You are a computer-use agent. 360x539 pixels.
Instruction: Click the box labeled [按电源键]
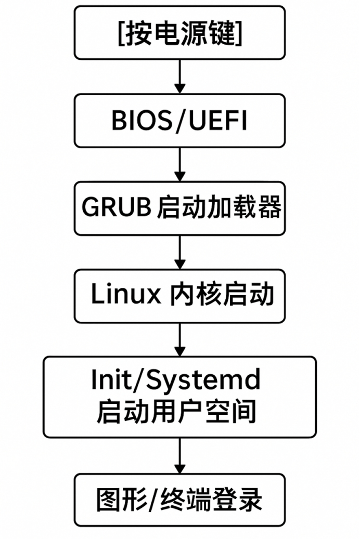(x=179, y=33)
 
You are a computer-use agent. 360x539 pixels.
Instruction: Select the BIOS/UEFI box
(x=179, y=121)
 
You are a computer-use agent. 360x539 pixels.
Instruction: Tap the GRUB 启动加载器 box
(x=179, y=208)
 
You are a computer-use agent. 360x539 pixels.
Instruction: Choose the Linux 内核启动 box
(x=179, y=295)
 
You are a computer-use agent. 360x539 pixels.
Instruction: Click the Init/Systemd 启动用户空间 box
(x=179, y=397)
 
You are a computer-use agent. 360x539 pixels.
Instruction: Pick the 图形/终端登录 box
(x=179, y=499)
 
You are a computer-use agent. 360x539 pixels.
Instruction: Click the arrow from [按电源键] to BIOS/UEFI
(x=179, y=76)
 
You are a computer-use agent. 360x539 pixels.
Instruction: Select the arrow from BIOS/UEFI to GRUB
(x=179, y=164)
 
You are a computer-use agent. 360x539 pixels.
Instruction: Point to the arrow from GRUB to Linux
(x=179, y=252)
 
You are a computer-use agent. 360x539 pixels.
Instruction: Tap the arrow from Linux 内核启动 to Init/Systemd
(x=179, y=339)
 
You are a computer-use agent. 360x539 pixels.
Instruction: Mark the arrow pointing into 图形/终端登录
(x=179, y=455)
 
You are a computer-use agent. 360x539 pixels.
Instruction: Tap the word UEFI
(x=217, y=121)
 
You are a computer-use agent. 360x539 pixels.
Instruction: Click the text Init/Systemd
(x=175, y=380)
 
